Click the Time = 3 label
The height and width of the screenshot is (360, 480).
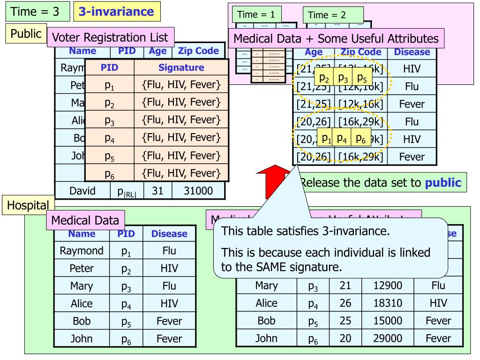(35, 12)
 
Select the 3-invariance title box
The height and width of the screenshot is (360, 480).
(117, 12)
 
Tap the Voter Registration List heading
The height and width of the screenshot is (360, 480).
(111, 37)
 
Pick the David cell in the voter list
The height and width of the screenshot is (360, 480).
(82, 191)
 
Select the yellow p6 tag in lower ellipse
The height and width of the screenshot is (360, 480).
(360, 138)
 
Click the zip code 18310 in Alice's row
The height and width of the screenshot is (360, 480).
(389, 303)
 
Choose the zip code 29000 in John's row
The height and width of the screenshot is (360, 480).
(389, 338)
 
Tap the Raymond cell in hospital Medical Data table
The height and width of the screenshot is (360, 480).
(82, 251)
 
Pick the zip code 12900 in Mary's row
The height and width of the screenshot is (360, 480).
(389, 286)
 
